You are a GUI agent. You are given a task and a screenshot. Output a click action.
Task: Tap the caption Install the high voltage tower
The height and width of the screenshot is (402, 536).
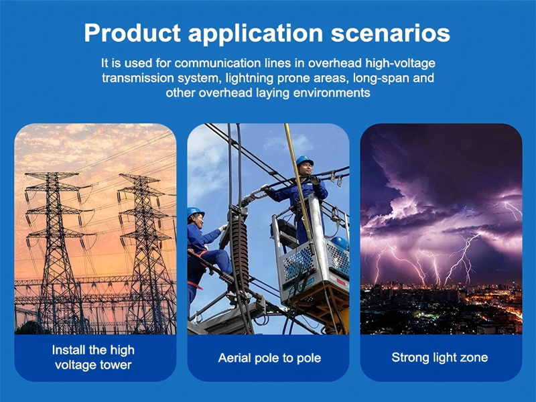click(94, 357)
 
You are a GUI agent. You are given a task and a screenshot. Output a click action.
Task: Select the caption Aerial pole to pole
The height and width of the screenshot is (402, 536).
click(269, 358)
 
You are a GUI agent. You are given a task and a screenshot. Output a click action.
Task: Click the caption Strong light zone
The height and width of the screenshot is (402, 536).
click(440, 357)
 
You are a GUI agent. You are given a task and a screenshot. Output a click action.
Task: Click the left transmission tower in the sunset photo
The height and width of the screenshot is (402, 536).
click(54, 248)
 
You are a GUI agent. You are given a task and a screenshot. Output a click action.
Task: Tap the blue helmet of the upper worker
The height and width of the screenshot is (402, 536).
click(305, 161)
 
